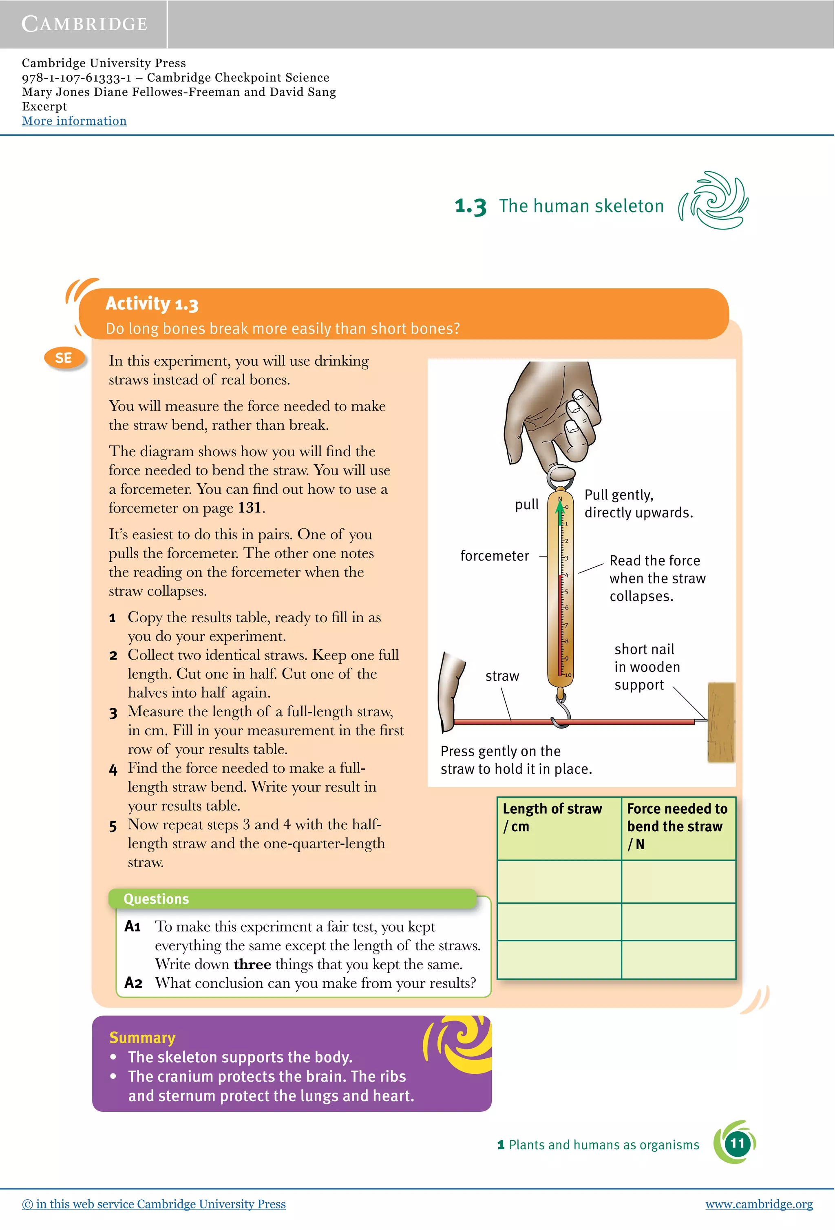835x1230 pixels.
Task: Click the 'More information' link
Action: click(x=74, y=121)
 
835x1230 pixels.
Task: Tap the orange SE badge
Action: click(x=64, y=358)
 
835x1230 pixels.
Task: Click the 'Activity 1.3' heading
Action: click(x=152, y=303)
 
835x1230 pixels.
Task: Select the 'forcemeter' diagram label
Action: click(x=494, y=556)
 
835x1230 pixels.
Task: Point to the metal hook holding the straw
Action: click(x=562, y=712)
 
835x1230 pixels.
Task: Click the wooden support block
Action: click(x=721, y=722)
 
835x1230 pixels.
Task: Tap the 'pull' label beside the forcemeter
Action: click(x=526, y=505)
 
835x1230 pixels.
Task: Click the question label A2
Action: click(x=133, y=983)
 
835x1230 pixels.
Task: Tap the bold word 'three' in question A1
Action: click(x=252, y=964)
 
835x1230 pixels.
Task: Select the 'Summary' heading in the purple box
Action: click(x=142, y=1038)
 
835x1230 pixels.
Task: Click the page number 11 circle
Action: click(x=737, y=1143)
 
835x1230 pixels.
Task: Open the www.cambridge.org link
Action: click(x=758, y=1204)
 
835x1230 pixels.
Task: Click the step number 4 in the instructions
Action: click(x=113, y=770)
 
